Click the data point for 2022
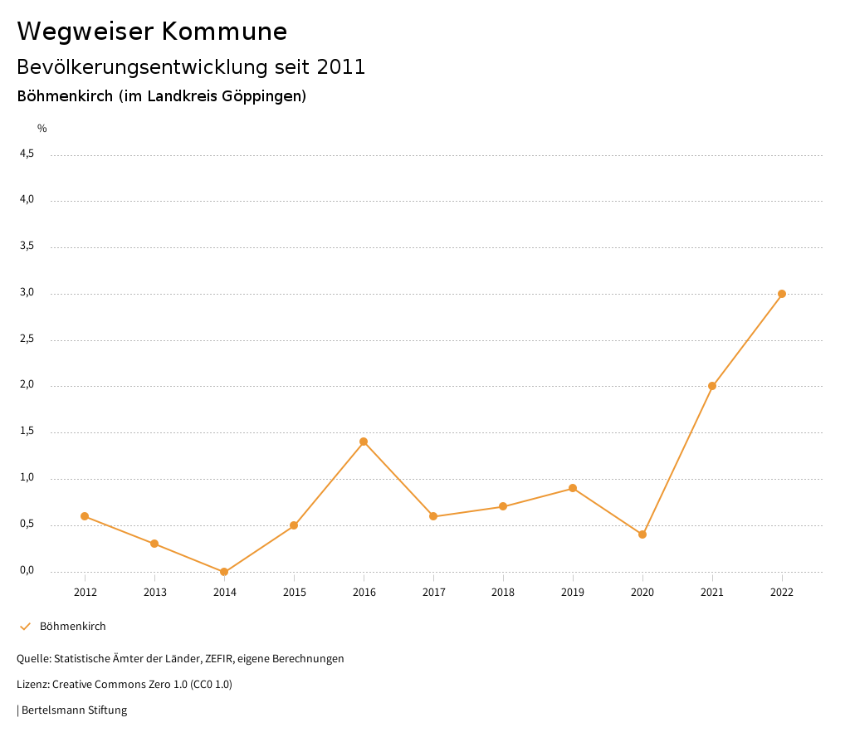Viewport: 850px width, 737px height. coord(782,294)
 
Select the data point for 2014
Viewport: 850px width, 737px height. coord(224,572)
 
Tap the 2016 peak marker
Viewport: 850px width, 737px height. coord(364,442)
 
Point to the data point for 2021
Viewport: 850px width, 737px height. coord(712,386)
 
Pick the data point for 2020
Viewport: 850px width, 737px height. coord(642,534)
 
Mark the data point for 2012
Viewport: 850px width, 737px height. coord(85,516)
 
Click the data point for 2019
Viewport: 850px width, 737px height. coord(573,488)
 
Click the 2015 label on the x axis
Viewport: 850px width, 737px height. coord(294,592)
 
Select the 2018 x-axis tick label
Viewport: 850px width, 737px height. coord(503,592)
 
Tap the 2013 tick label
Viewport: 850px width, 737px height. coord(154,592)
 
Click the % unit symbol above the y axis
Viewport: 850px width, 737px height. coord(42,128)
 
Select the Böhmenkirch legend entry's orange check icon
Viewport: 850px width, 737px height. coord(25,627)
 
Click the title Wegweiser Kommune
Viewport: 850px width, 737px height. coord(152,32)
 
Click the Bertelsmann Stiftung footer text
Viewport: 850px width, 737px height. coord(74,710)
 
